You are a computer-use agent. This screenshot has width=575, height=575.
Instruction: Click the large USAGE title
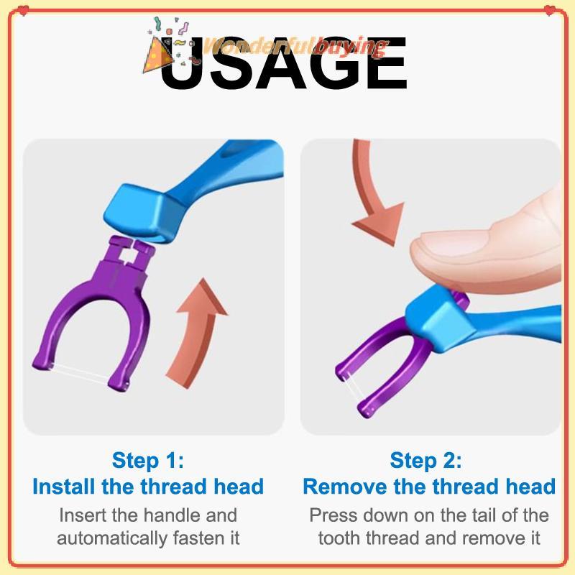coord(283,63)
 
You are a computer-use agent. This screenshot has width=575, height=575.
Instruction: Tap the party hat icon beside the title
coord(157,55)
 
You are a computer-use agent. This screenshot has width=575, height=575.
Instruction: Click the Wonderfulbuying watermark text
coord(293,47)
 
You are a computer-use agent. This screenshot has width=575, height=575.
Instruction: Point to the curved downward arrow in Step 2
coord(370,198)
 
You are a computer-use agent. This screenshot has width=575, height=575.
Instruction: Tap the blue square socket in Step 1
coord(141,213)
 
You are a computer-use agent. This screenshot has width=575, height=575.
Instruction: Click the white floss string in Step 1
coord(80,374)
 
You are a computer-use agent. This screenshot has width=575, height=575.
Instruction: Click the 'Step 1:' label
coord(148,461)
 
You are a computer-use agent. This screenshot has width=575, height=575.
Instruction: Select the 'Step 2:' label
coord(425,461)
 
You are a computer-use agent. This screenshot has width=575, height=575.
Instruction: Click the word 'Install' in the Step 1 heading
coord(64,487)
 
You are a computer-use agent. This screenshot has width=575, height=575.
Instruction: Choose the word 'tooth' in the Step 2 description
coord(339,538)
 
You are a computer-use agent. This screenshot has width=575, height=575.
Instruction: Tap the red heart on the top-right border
coord(550,10)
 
